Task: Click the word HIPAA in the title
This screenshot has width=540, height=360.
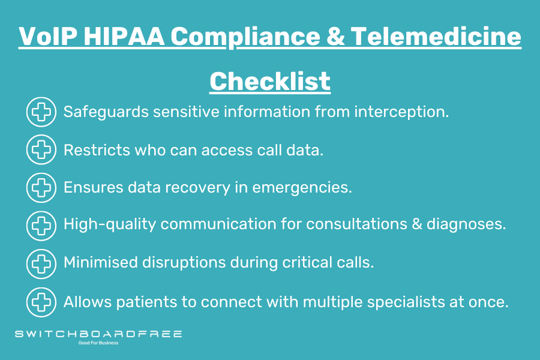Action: (124, 36)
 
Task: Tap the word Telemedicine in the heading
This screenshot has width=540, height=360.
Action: (436, 36)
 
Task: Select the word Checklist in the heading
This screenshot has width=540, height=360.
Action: (270, 82)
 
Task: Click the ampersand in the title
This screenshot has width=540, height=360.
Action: (336, 36)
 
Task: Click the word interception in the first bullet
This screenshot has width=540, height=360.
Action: (401, 112)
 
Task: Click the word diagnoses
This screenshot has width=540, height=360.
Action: (466, 224)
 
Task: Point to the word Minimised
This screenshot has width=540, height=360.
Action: (101, 263)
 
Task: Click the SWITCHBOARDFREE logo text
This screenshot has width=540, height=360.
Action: (98, 334)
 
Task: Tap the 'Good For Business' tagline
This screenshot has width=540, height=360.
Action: (98, 343)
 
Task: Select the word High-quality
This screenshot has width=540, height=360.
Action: (110, 224)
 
